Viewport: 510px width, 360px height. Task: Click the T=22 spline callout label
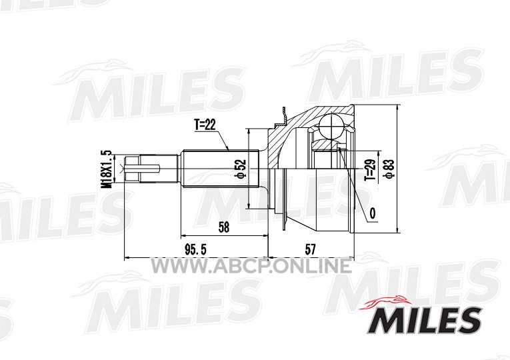click(205, 125)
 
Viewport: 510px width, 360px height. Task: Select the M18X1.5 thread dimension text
click(107, 169)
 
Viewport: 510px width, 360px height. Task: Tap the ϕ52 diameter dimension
click(242, 169)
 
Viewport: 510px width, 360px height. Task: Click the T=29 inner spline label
click(370, 170)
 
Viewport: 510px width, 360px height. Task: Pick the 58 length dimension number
click(224, 227)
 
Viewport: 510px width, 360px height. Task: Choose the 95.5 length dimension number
click(195, 250)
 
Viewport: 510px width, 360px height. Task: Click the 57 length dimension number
click(310, 250)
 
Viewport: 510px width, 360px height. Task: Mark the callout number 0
click(373, 213)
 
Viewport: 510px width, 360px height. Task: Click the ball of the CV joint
click(332, 127)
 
